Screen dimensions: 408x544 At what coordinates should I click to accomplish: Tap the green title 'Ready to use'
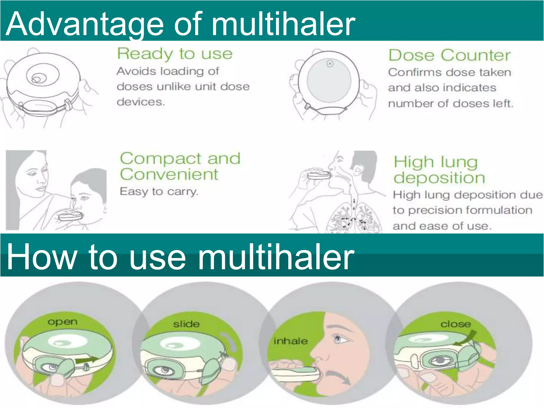[x=175, y=54]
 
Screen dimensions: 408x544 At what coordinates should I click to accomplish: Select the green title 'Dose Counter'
[x=449, y=55]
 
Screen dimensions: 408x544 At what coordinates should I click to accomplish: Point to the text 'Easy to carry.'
[x=159, y=192]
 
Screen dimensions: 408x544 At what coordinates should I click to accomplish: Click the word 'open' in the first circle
[x=63, y=322]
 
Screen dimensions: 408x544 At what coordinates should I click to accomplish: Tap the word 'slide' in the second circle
[x=186, y=324]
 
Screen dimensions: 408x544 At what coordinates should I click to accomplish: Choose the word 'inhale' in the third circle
[x=291, y=341]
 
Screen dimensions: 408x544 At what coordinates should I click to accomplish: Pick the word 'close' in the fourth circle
[x=456, y=324]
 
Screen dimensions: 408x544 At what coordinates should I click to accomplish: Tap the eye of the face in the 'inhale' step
[x=338, y=339]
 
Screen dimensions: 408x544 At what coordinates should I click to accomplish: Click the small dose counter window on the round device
[x=330, y=64]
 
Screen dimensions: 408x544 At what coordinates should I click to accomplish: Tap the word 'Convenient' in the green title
[x=169, y=175]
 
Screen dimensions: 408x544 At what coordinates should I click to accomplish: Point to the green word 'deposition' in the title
[x=439, y=178]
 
